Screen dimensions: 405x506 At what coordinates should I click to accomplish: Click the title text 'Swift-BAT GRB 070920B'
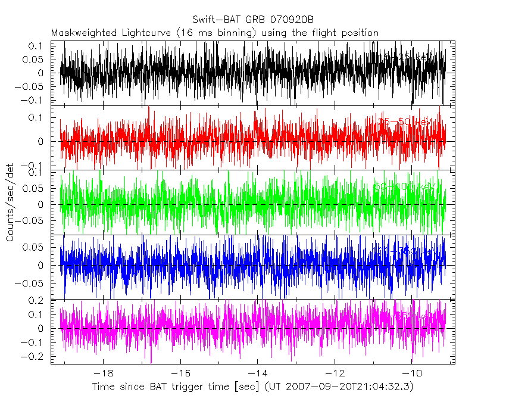tap(253, 19)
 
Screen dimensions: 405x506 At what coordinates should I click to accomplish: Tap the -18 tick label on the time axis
tap(103, 373)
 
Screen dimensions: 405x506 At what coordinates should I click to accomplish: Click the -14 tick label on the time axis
tap(257, 373)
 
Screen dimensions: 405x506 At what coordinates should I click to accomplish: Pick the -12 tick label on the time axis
tap(335, 373)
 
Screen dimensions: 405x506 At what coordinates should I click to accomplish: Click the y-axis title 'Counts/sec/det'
tap(10, 204)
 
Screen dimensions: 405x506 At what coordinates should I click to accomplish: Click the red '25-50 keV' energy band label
tap(405, 122)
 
